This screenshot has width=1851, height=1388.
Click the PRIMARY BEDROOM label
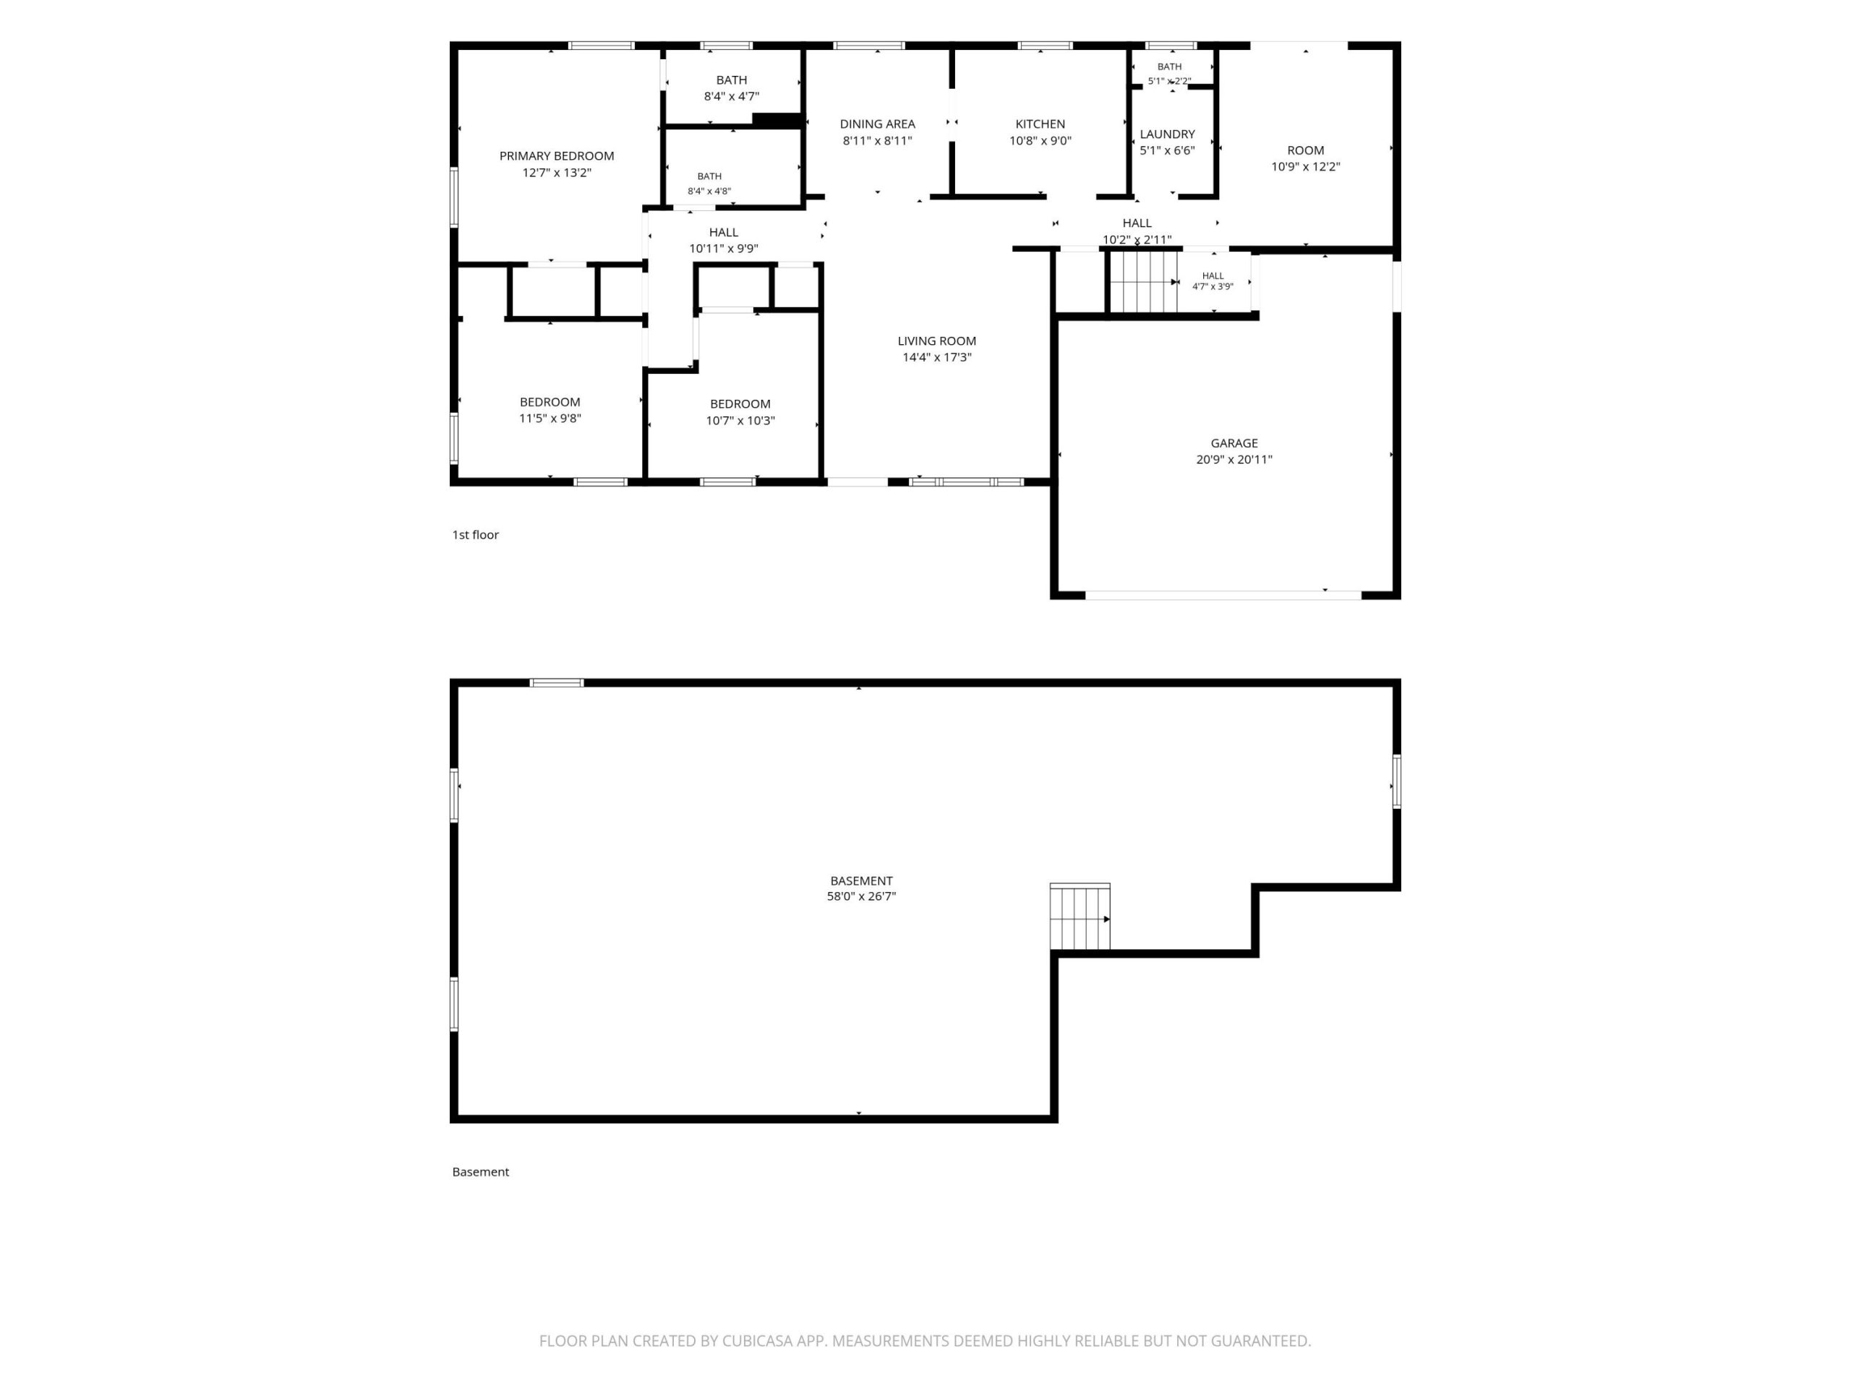click(x=557, y=155)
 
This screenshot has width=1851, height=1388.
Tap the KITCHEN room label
click(x=1040, y=124)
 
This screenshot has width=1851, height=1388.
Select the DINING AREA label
click(x=877, y=124)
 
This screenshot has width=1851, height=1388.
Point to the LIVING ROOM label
click(x=936, y=340)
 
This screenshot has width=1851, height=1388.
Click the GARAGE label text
click(x=1234, y=442)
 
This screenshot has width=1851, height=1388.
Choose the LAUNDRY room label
click(x=1167, y=134)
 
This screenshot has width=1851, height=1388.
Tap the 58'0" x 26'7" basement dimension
click(x=861, y=896)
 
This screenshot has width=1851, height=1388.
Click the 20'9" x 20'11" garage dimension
click(x=1234, y=459)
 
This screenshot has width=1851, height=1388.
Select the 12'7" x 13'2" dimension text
click(x=557, y=172)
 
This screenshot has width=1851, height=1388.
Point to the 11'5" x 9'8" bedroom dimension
click(x=550, y=419)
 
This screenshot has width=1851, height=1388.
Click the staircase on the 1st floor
click(x=1143, y=282)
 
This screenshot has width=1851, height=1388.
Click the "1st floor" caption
click(x=475, y=535)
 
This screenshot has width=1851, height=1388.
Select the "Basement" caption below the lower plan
click(x=480, y=1172)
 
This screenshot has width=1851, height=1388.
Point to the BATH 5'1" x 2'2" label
click(x=1169, y=74)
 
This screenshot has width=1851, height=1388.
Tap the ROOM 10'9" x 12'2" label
click(x=1305, y=158)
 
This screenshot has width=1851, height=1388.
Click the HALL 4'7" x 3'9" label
click(x=1213, y=281)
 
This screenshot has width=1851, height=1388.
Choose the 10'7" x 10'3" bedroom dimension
click(x=740, y=421)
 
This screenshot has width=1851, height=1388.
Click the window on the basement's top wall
click(x=557, y=682)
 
